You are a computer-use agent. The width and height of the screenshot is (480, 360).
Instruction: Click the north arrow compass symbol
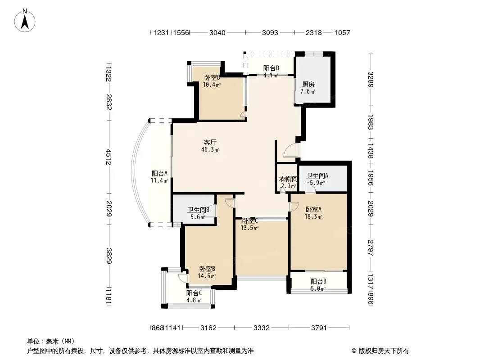25,21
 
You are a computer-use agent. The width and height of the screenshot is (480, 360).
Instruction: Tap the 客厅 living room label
210,143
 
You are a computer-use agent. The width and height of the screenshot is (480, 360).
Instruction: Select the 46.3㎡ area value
210,149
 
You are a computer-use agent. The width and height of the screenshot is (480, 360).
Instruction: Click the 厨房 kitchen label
308,85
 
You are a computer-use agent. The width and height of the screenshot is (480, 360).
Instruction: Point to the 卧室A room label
313,210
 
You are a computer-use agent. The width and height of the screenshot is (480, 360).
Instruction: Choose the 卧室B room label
207,269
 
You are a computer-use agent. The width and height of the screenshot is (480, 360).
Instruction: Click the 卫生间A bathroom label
317,175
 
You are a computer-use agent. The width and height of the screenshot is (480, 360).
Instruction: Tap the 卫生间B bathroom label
199,210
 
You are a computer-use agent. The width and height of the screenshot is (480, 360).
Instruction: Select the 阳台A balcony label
159,173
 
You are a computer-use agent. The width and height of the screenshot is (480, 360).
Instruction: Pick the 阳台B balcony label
318,281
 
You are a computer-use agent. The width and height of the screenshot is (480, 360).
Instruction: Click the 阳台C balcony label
194,293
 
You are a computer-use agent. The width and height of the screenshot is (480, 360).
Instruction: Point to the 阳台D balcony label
271,68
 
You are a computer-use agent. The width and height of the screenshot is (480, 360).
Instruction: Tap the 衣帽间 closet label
288,179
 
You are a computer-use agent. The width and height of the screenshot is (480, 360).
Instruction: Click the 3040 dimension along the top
217,32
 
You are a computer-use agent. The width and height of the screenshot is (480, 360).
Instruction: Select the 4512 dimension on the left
109,157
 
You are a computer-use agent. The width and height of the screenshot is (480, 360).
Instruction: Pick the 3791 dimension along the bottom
319,328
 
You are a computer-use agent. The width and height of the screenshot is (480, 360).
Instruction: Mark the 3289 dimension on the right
371,80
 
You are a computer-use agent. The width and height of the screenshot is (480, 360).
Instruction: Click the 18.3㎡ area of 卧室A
313,216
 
